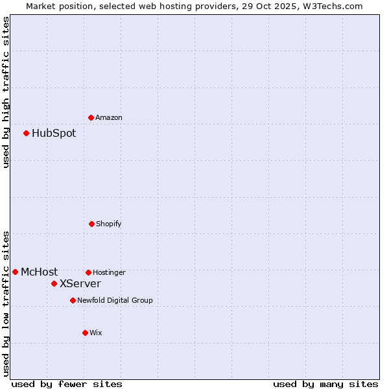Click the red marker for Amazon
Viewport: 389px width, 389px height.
tap(91, 117)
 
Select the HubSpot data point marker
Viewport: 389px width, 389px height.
tap(26, 133)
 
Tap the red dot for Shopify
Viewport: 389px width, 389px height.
tap(91, 224)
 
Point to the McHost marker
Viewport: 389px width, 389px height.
tap(15, 272)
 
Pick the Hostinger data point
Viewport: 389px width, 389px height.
tap(88, 272)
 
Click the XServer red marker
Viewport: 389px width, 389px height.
tap(54, 283)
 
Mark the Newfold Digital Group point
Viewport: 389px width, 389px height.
tap(73, 300)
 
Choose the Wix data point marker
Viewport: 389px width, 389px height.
tap(85, 333)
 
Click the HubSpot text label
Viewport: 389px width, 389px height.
tap(54, 134)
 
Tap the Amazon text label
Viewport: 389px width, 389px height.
tap(109, 118)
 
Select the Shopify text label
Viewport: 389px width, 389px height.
tap(109, 224)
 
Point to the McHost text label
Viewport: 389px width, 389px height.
tap(39, 272)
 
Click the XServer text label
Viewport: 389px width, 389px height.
tap(80, 284)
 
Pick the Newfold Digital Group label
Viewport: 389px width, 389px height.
tap(115, 301)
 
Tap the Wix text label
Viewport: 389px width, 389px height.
tap(96, 333)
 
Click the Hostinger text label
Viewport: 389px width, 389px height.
tap(109, 273)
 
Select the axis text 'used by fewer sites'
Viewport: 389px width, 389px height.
tap(67, 384)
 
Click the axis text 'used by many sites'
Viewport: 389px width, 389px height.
tap(325, 384)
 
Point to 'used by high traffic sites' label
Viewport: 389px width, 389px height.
tap(6, 93)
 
